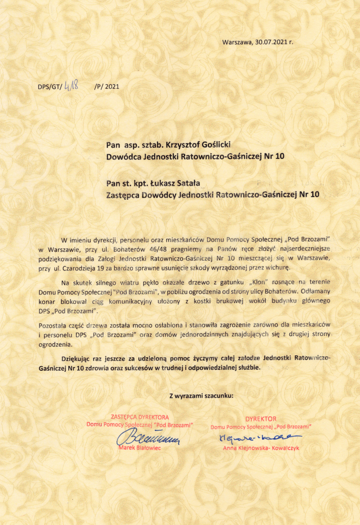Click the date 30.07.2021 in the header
271,42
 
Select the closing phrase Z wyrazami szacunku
202,396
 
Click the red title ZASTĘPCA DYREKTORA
139,417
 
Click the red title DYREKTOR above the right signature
261,418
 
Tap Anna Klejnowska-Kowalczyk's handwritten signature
258,437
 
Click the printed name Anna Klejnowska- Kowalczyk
261,448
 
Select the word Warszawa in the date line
237,42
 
